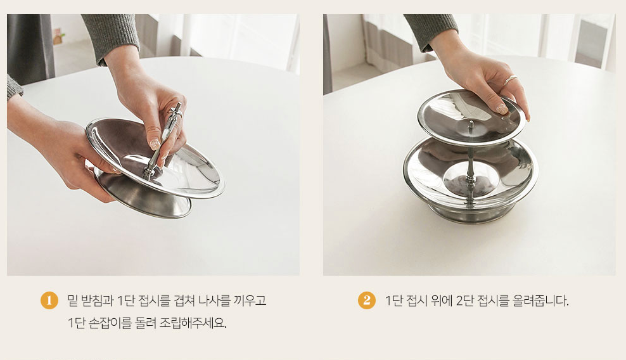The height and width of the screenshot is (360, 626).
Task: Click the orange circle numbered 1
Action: pyautogui.click(x=49, y=300)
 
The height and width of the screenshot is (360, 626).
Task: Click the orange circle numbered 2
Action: pyautogui.click(x=366, y=300)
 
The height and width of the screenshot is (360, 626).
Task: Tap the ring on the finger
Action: pyautogui.click(x=510, y=81)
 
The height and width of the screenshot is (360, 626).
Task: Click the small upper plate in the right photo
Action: pyautogui.click(x=471, y=117)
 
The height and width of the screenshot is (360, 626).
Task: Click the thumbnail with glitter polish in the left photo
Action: pyautogui.click(x=155, y=144)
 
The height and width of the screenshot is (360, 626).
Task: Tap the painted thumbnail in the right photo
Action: pyautogui.click(x=502, y=108)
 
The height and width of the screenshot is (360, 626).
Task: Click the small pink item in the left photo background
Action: pyautogui.click(x=58, y=32)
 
